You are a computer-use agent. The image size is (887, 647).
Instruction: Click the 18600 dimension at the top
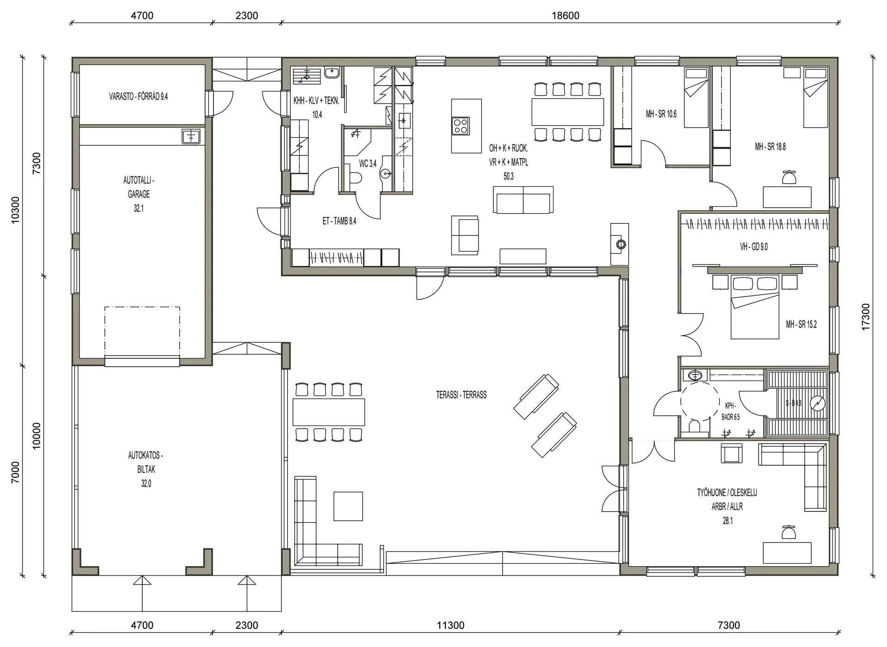[565, 15]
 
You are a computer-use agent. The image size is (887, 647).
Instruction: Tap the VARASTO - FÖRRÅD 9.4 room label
[138, 97]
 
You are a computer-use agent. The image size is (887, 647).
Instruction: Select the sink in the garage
[191, 136]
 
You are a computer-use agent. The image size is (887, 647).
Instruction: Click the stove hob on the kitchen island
[461, 126]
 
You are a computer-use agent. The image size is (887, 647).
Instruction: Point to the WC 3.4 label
[368, 164]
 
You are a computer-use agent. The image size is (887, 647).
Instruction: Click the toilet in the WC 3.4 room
[355, 178]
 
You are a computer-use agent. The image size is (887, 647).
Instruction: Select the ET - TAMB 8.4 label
[339, 221]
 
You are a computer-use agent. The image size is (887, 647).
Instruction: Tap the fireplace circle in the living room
[620, 244]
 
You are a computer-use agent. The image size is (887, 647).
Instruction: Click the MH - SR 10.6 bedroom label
[661, 114]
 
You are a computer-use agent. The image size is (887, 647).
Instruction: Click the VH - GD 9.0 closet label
[753, 247]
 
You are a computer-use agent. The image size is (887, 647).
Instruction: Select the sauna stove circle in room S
[818, 403]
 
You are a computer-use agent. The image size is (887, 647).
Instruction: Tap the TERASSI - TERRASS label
[461, 395]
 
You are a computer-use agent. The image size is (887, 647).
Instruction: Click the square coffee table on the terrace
[348, 506]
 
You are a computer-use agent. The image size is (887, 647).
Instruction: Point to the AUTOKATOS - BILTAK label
[146, 462]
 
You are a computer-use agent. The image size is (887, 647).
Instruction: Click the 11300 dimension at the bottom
[450, 625]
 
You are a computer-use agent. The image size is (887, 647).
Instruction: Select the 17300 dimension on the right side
[865, 317]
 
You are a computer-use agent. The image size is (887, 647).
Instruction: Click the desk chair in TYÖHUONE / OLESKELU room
[789, 533]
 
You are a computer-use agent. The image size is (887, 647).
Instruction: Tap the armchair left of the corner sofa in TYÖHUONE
[732, 453]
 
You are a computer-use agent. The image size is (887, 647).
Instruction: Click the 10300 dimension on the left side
[15, 210]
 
